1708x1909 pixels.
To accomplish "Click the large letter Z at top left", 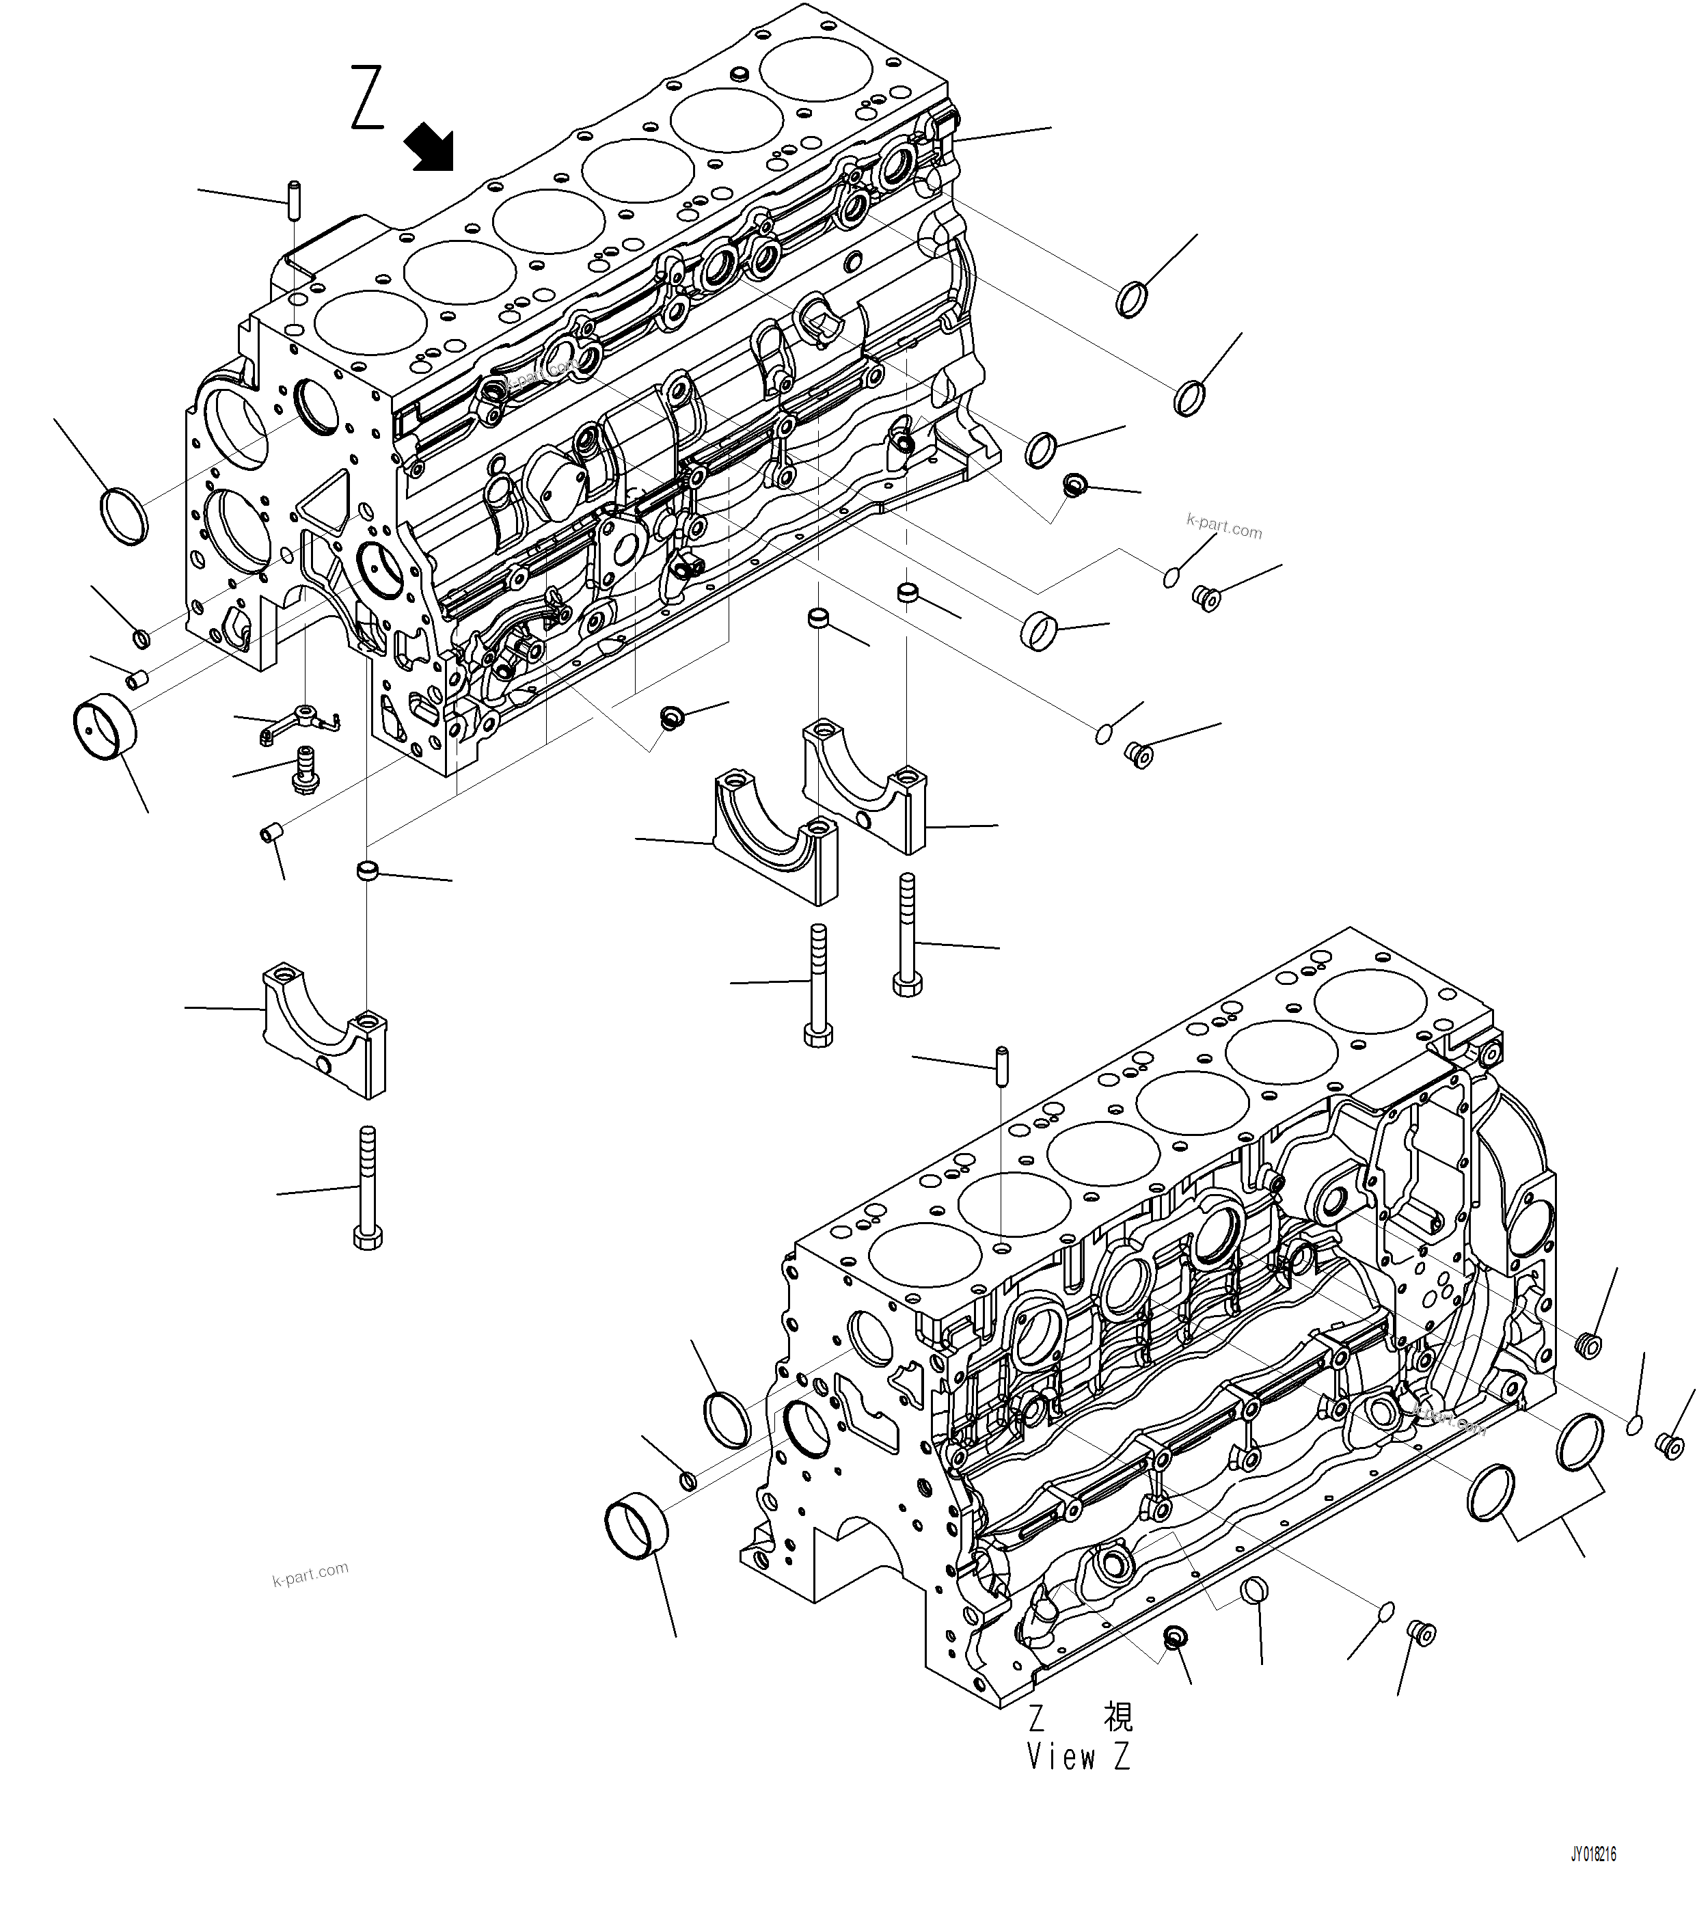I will pyautogui.click(x=368, y=98).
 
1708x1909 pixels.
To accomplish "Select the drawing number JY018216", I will pyautogui.click(x=1592, y=1854).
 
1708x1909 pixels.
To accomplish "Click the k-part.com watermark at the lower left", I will pyautogui.click(x=310, y=1574).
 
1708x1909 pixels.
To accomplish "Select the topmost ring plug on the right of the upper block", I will pyautogui.click(x=1133, y=299).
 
